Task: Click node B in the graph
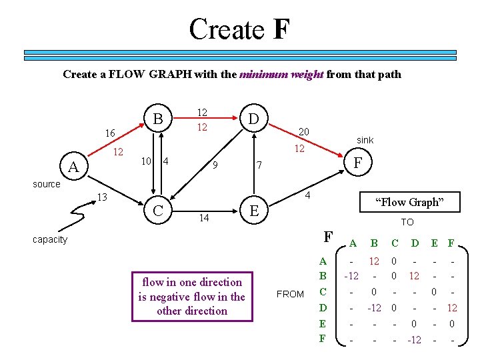(x=157, y=118)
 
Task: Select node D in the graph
(x=253, y=119)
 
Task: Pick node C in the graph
(x=158, y=210)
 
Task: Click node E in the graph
(x=253, y=211)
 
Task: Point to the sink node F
(x=358, y=162)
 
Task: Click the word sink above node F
(x=365, y=140)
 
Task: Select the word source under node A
(x=47, y=184)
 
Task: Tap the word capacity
(x=50, y=239)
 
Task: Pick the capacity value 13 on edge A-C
(x=102, y=197)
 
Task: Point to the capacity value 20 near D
(x=304, y=132)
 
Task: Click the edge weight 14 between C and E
(x=204, y=218)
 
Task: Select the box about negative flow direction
(x=191, y=297)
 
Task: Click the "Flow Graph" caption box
(x=409, y=202)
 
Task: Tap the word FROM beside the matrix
(x=290, y=294)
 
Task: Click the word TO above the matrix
(x=407, y=222)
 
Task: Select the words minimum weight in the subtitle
(x=281, y=74)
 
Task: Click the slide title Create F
(x=239, y=29)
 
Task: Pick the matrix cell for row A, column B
(x=375, y=262)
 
